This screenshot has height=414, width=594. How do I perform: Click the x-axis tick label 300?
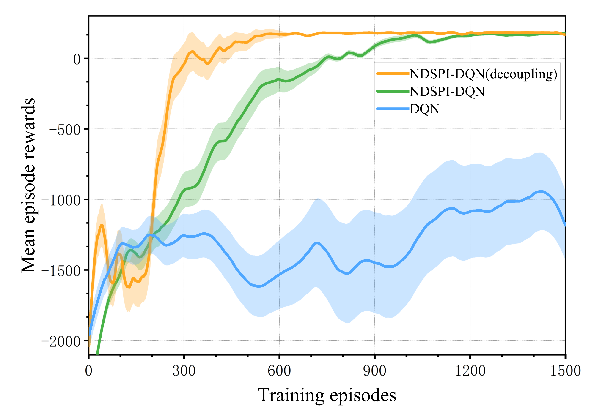[x=184, y=371]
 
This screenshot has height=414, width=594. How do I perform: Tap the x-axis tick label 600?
[x=279, y=371]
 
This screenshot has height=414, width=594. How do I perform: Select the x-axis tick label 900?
[x=374, y=371]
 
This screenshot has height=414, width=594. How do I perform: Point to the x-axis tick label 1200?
[x=470, y=371]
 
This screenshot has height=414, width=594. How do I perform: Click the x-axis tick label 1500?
[x=565, y=371]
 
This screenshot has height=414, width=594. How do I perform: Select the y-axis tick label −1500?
[x=61, y=271]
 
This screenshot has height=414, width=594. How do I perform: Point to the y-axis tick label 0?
[x=77, y=59]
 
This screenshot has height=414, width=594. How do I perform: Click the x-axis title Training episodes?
[x=327, y=395]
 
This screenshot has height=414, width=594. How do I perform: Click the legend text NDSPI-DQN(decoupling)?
[x=483, y=74]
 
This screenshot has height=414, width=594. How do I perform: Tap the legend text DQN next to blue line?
[x=424, y=109]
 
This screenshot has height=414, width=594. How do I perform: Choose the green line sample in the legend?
[x=393, y=91]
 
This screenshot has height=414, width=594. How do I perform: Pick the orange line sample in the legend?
[x=393, y=74]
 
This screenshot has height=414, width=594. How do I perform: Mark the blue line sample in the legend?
[x=393, y=109]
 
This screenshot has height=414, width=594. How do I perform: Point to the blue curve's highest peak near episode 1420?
[x=541, y=191]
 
